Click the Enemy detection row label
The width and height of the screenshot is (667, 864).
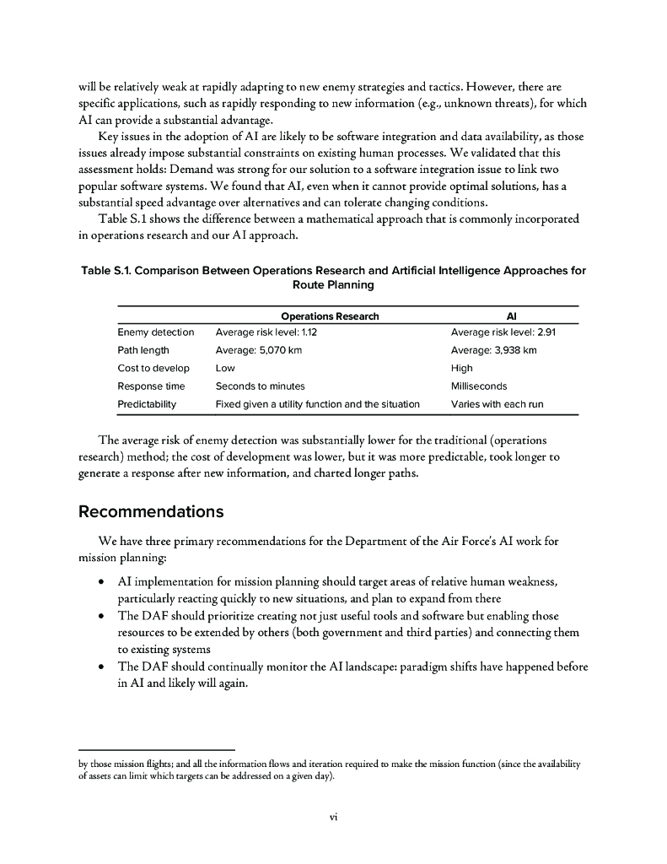click(x=155, y=332)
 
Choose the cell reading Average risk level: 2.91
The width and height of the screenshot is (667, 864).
click(x=503, y=332)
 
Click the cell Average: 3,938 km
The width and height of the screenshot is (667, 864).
click(x=493, y=350)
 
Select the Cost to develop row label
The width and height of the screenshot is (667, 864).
click(x=153, y=368)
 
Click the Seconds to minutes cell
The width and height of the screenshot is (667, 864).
click(x=260, y=386)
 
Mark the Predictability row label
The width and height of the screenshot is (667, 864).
click(x=147, y=404)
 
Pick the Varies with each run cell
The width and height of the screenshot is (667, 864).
click(x=497, y=404)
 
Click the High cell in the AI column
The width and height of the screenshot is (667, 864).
click(x=461, y=368)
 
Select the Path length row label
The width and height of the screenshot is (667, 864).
click(x=143, y=350)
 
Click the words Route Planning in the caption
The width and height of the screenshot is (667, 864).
click(x=333, y=285)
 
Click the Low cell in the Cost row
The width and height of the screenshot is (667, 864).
click(x=225, y=368)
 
